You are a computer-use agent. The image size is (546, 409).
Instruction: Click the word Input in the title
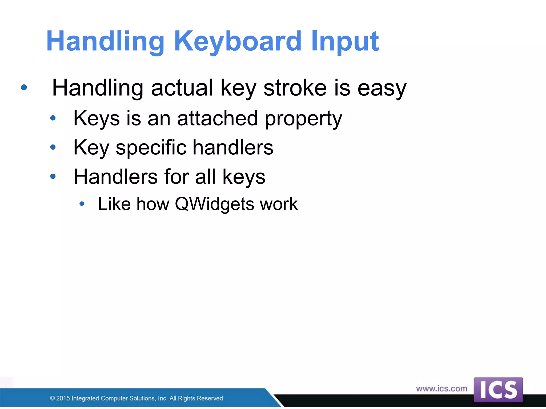point(344,41)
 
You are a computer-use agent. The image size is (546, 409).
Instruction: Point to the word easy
point(382,88)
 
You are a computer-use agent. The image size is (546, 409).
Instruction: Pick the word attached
point(217,118)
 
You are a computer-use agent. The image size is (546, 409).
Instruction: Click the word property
point(303,119)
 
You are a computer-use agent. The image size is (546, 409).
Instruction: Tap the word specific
point(151,148)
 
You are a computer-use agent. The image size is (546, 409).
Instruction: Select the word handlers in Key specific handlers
point(233,148)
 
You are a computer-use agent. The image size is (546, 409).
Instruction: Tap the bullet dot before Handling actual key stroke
point(24,87)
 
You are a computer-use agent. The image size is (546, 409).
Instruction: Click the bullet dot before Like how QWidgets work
point(82,204)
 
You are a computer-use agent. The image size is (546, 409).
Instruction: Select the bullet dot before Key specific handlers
point(53,147)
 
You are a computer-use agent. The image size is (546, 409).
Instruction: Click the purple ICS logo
point(498,390)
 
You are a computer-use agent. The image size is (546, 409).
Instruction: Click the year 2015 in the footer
point(63,398)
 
